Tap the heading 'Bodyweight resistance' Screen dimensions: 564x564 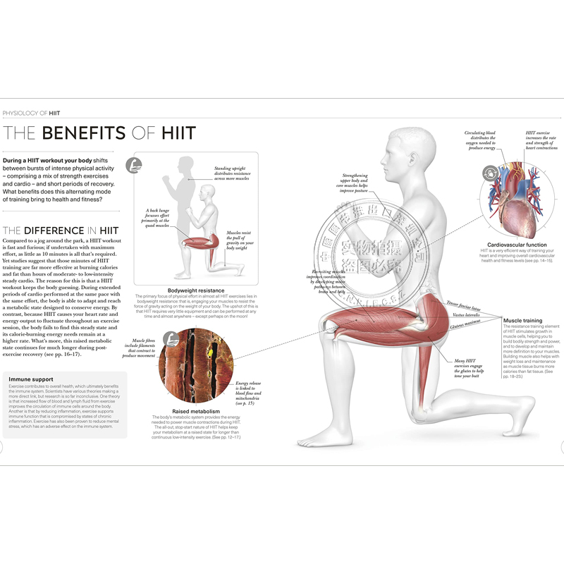click(x=195, y=290)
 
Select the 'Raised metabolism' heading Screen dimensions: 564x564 click(x=195, y=410)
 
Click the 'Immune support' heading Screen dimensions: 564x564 click(x=27, y=379)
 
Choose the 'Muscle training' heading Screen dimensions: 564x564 click(x=522, y=321)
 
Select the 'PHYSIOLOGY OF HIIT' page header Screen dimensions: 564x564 click(x=32, y=112)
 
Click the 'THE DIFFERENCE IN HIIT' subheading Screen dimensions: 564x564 click(x=61, y=230)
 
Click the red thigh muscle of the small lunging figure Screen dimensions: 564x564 click(x=197, y=243)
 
